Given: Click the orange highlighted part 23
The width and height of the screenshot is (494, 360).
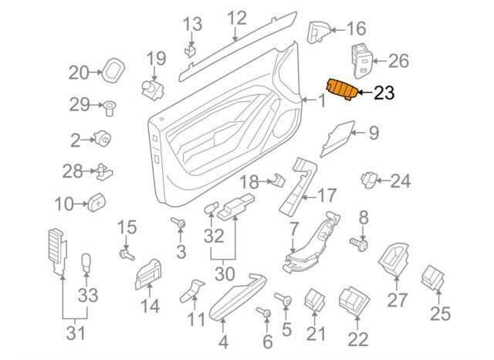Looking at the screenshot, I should pyautogui.click(x=340, y=90).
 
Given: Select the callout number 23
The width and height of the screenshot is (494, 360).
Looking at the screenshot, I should pyautogui.click(x=384, y=94).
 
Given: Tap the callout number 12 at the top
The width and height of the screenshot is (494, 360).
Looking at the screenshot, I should pyautogui.click(x=236, y=16).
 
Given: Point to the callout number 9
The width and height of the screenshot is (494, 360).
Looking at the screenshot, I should pyautogui.click(x=374, y=133).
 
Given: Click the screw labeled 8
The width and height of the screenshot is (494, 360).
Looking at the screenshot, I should pyautogui.click(x=360, y=244).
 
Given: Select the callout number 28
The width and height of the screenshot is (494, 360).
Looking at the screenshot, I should pyautogui.click(x=72, y=170).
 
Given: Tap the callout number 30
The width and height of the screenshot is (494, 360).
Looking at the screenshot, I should pyautogui.click(x=224, y=273).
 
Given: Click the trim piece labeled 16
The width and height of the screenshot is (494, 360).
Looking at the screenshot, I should pyautogui.click(x=318, y=31).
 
